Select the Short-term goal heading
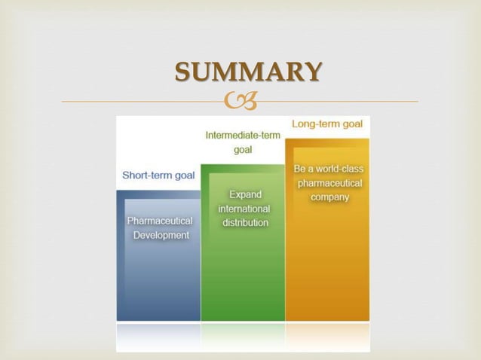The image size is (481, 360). tap(158, 175)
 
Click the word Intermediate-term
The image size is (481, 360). tap(242, 135)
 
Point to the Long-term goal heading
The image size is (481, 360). tap(327, 124)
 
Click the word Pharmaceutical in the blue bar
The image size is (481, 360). tap(160, 221)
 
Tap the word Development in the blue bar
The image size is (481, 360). tap(161, 235)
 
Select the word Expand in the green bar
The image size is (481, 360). tap(245, 194)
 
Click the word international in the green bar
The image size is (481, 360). tap(244, 209)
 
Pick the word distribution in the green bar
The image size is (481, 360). tap(245, 223)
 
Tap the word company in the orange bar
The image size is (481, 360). tap(329, 197)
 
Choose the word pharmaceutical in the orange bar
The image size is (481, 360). tap(329, 183)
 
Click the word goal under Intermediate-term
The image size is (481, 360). tap(243, 150)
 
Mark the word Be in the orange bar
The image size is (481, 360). tap(300, 169)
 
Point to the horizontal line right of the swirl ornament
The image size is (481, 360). tap(339, 101)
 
